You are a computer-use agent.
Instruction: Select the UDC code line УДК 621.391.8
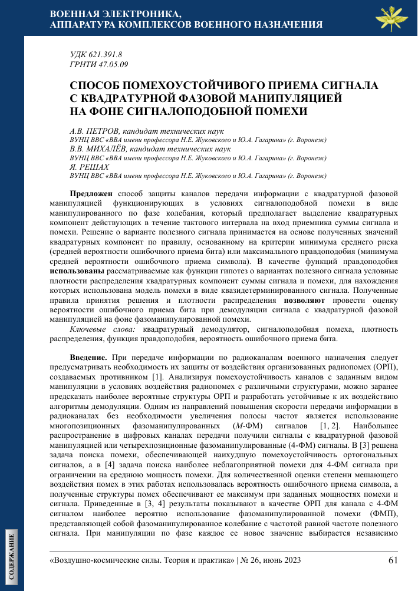(x=96, y=55)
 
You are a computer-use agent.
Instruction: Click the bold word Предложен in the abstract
(x=92, y=193)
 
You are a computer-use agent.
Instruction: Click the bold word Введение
(x=88, y=358)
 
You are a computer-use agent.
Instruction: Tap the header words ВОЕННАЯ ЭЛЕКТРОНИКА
(x=116, y=14)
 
